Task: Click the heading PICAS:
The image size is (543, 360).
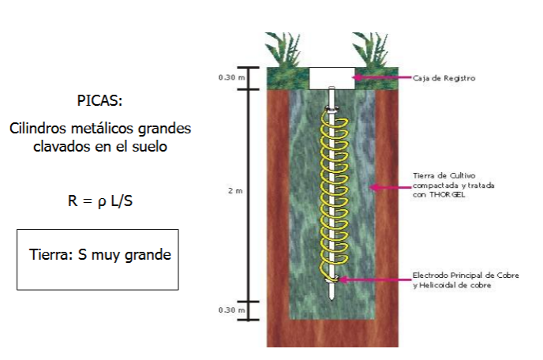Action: pos(100,101)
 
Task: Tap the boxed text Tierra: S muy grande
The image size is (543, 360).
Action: pos(99,255)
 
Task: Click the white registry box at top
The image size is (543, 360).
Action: pos(329,78)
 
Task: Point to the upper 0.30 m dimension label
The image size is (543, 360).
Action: pos(228,78)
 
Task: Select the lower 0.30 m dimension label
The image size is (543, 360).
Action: pos(228,310)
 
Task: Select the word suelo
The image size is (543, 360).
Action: pos(148,147)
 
